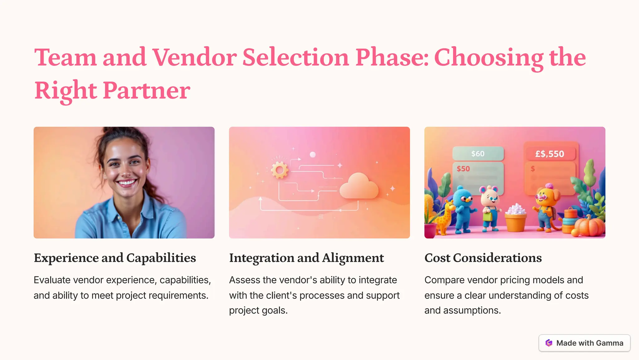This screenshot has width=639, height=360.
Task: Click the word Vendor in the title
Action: [194, 58]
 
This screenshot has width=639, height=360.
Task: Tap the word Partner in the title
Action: [146, 90]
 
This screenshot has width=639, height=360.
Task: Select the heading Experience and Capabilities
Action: [115, 258]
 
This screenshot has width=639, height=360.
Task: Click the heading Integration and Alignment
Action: [306, 258]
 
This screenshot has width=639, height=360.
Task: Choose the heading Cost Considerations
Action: [483, 258]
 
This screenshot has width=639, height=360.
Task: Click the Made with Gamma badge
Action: [584, 343]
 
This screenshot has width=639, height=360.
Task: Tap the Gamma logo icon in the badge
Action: [549, 343]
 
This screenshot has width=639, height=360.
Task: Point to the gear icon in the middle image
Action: [279, 170]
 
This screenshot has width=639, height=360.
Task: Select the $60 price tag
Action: [478, 154]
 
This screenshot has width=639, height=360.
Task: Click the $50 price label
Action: [463, 169]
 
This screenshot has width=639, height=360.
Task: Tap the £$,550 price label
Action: [550, 154]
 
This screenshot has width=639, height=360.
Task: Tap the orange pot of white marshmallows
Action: [516, 220]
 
